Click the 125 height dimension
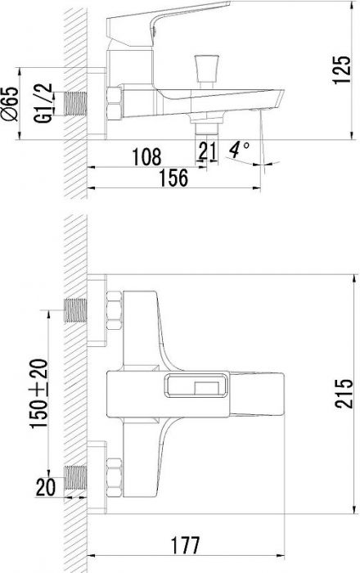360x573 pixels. (x=342, y=70)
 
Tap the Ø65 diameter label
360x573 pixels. (x=10, y=104)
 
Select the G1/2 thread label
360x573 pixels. (x=43, y=103)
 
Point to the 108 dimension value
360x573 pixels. (x=146, y=157)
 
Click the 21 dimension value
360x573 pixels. (x=207, y=150)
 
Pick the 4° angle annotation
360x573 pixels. (x=239, y=150)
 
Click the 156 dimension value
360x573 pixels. (x=173, y=178)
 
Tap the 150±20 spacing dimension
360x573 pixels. (x=38, y=394)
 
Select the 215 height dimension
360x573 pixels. (x=344, y=394)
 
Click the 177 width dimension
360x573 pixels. (x=186, y=545)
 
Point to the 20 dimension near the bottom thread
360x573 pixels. (x=46, y=487)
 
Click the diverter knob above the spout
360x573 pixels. (x=207, y=70)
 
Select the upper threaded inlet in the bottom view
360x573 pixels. (x=75, y=310)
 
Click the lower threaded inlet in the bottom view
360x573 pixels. (x=75, y=477)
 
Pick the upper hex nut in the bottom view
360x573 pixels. (x=115, y=310)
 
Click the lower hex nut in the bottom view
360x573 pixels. (x=115, y=477)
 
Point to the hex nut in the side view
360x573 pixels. (x=115, y=103)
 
